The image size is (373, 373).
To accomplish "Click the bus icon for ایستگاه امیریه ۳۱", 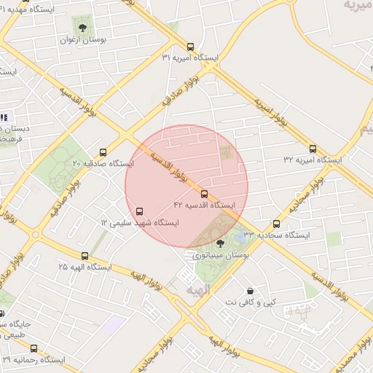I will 191,45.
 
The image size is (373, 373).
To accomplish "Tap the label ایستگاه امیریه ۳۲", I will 318,159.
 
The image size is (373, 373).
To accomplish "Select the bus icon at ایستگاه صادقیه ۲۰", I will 102,153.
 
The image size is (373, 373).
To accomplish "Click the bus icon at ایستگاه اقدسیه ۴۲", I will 204,194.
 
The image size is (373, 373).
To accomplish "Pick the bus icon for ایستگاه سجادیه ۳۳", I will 276,224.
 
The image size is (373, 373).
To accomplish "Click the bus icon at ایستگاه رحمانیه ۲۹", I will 34,348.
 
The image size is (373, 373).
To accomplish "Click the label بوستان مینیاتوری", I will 221,256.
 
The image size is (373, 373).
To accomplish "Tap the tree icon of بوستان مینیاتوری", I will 221,243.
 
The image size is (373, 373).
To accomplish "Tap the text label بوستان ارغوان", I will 82,42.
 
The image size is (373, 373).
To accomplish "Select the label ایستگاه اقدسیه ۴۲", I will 205,205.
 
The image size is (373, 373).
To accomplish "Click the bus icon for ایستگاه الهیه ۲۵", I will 86,256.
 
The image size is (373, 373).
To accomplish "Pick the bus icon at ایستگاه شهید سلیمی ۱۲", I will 140,211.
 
